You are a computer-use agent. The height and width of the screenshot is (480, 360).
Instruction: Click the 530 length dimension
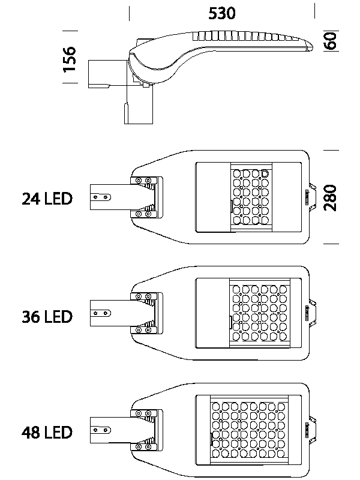click(x=222, y=13)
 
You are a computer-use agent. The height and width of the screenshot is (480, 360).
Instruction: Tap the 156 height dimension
click(x=70, y=59)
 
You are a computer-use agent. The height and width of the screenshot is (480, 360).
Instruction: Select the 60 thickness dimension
click(x=332, y=41)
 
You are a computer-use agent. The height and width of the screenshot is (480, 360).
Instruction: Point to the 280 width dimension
click(x=331, y=198)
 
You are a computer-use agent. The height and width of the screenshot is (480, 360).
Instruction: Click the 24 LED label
click(x=47, y=199)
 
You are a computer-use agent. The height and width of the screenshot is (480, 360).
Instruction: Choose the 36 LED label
click(x=47, y=317)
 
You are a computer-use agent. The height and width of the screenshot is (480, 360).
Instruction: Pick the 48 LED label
click(x=47, y=432)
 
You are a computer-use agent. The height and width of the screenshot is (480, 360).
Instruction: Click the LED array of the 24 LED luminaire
click(x=251, y=197)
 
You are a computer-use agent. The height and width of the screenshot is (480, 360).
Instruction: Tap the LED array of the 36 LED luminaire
click(x=260, y=313)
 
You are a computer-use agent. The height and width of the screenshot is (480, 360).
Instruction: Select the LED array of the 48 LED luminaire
click(x=249, y=430)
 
